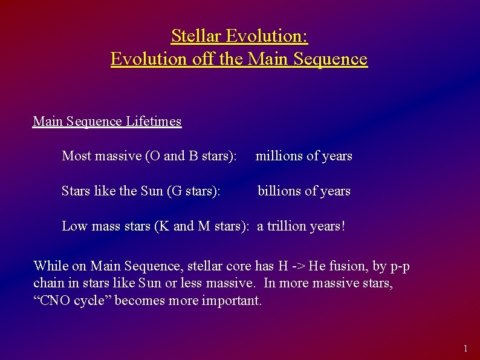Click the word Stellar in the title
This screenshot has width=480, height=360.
coord(196,36)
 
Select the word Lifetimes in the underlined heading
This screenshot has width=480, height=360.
coord(154,122)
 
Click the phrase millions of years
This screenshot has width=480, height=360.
coord(303,156)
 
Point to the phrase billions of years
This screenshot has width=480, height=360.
coord(303,191)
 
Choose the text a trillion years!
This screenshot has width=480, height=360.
coord(301,226)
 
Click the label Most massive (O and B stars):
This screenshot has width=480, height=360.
coord(149,156)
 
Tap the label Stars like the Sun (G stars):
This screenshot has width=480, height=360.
coord(141,191)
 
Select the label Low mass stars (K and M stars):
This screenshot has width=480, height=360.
coord(155,226)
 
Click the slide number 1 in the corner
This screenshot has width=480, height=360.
coord(465,349)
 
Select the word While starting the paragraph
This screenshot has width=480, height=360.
coord(51,266)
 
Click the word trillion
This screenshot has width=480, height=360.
coord(288,226)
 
